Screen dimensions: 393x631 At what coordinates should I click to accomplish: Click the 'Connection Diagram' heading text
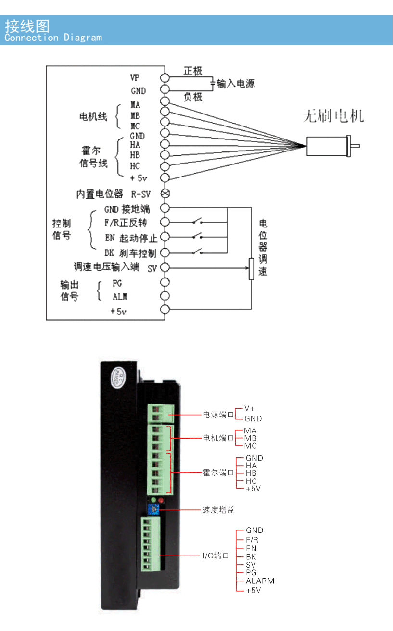[x=53, y=38]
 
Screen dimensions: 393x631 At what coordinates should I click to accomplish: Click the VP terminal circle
[x=165, y=77]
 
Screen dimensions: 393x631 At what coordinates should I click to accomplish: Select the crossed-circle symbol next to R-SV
[x=165, y=193]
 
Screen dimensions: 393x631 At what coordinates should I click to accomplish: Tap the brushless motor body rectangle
[x=327, y=146]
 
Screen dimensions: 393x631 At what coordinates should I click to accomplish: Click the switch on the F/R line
[x=198, y=221]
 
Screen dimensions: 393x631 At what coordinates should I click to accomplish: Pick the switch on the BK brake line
[x=198, y=251]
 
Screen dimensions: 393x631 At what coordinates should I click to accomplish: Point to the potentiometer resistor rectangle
[x=251, y=269]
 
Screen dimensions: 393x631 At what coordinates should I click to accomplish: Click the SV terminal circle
[x=165, y=267]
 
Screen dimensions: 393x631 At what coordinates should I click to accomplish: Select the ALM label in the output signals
[x=120, y=297]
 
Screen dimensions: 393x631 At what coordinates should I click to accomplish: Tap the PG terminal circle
[x=165, y=282]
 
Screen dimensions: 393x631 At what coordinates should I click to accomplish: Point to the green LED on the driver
[x=153, y=500]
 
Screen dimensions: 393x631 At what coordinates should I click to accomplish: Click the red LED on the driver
[x=161, y=500]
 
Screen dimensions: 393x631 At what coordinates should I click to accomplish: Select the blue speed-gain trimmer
[x=153, y=509]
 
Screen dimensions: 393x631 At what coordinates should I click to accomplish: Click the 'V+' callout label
[x=249, y=408]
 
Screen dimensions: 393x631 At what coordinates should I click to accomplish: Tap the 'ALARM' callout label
[x=260, y=581]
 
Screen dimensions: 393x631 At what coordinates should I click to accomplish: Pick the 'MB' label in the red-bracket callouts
[x=251, y=438]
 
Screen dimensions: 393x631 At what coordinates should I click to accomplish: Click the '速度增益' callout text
[x=218, y=510]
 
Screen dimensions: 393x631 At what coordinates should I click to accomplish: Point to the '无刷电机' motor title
[x=333, y=116]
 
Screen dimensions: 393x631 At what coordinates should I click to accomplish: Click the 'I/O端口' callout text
[x=216, y=555]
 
